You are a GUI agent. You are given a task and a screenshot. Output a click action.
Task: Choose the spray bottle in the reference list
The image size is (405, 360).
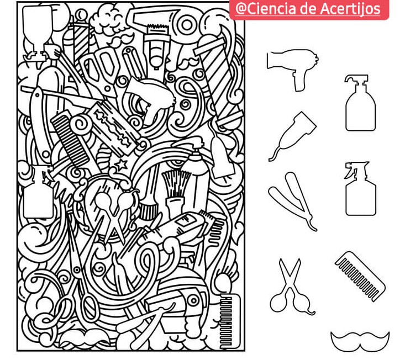coord(360,190)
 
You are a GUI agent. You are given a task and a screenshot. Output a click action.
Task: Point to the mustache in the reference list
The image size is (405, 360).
coord(360,339)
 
